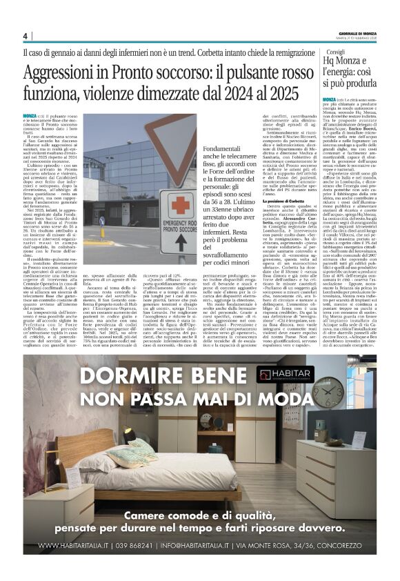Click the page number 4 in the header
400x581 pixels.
(x=25, y=35)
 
